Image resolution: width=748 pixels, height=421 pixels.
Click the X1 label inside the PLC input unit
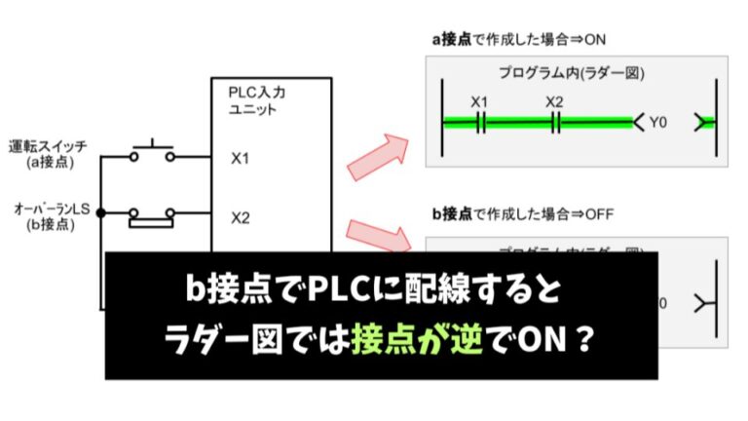pyautogui.click(x=240, y=157)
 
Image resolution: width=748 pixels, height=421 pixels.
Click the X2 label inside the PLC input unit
pyautogui.click(x=241, y=217)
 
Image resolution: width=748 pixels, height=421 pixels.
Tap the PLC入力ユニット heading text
pyautogui.click(x=257, y=100)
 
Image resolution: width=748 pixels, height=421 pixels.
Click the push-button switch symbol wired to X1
pyautogui.click(x=151, y=152)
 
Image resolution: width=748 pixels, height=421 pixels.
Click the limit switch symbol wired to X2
pyautogui.click(x=151, y=215)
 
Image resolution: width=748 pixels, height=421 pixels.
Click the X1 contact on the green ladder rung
pyautogui.click(x=479, y=122)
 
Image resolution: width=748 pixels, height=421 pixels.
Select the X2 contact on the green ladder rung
pyautogui.click(x=554, y=122)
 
